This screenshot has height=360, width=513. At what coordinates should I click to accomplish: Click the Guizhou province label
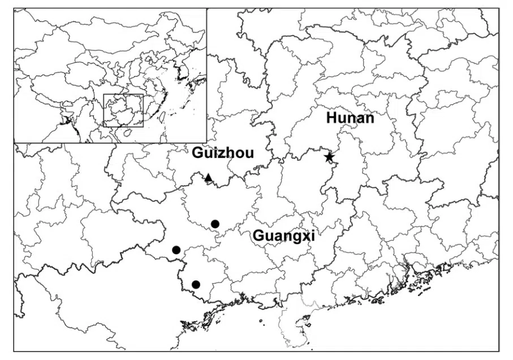[223, 153]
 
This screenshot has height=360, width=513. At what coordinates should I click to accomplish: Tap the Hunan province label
[350, 118]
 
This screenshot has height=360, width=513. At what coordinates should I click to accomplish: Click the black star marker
[329, 157]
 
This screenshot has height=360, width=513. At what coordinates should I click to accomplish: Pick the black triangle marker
[208, 178]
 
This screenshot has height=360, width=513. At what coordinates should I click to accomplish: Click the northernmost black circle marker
[215, 224]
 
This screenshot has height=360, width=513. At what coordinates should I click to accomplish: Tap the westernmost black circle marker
[176, 250]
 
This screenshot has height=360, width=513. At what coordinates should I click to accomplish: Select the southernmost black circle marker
[196, 284]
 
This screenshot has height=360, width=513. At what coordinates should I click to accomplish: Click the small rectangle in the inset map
[123, 110]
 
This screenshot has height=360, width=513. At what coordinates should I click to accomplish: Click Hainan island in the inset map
[128, 132]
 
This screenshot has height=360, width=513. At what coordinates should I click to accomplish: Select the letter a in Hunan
[360, 118]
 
